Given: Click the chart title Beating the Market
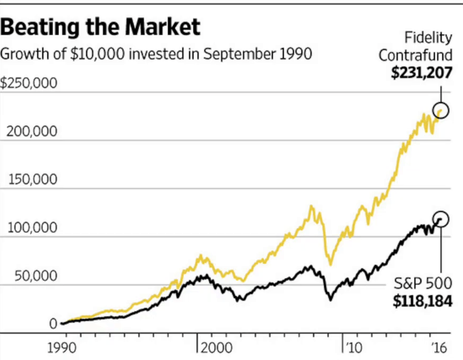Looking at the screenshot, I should click(100, 27).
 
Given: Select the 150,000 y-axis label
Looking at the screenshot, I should click(32, 179).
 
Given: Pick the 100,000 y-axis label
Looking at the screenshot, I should click(32, 228).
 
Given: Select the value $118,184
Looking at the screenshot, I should click(423, 302).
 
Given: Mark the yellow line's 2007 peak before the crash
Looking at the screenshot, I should click(311, 207).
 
